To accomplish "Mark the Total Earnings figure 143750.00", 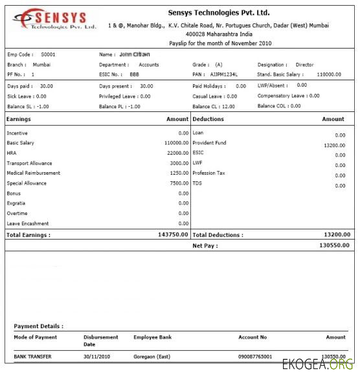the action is [173, 234].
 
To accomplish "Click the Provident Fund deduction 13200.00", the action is [335, 146].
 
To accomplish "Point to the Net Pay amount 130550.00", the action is [334, 245].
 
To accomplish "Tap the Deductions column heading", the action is [208, 119].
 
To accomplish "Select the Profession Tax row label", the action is [209, 173].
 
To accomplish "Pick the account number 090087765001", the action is [255, 357].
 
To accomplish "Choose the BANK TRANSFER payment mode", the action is [32, 357].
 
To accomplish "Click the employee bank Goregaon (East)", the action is [153, 357].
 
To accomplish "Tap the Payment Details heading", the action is [39, 326].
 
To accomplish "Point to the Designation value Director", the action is [304, 65].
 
